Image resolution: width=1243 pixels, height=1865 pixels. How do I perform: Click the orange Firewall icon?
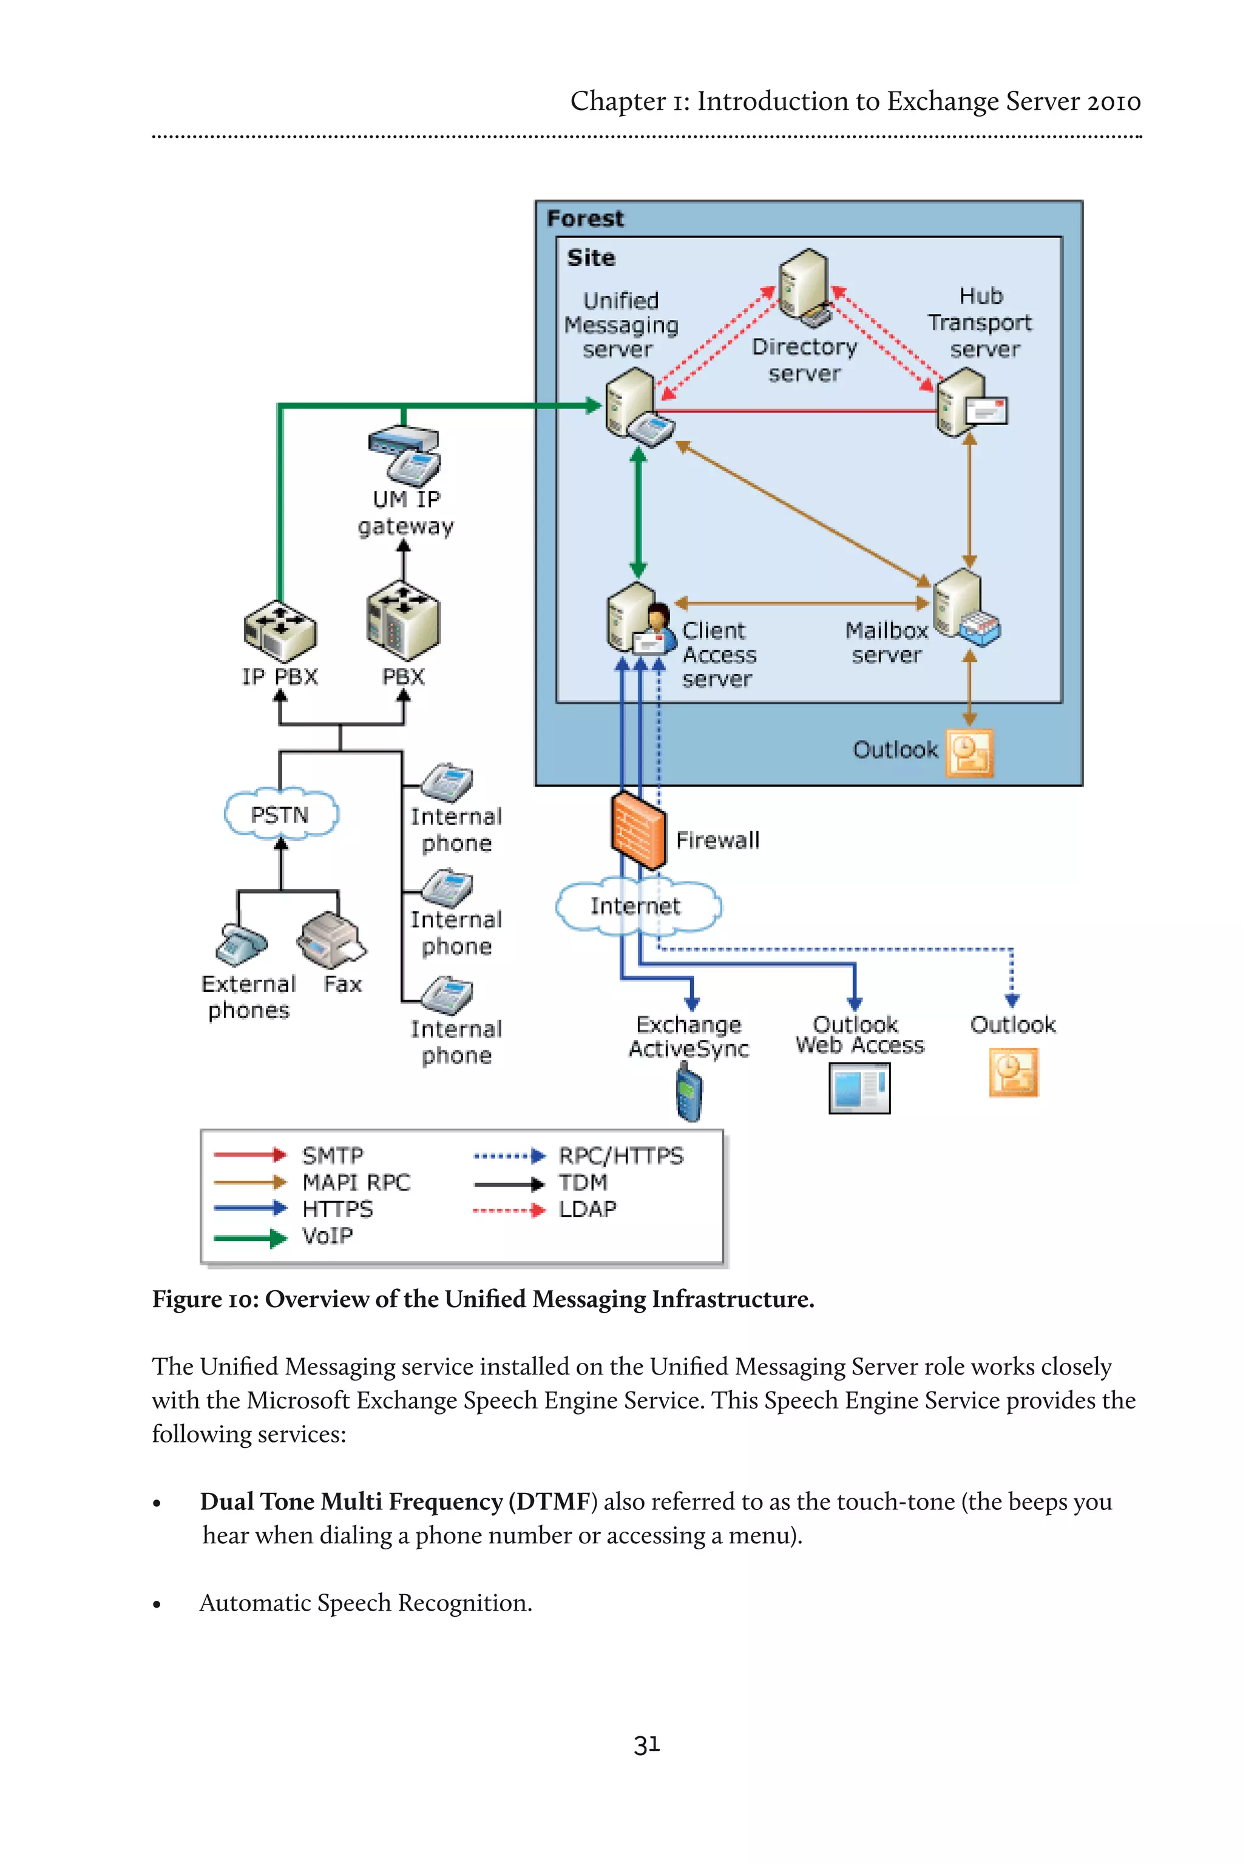tap(638, 831)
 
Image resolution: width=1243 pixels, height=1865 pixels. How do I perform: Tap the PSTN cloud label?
tap(280, 814)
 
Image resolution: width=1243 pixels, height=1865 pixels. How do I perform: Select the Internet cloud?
tap(637, 906)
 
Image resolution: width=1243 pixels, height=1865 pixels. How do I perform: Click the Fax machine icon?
tap(331, 941)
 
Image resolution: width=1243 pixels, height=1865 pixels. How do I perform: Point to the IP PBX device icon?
tap(279, 631)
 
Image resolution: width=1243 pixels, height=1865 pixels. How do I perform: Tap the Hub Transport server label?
tap(981, 322)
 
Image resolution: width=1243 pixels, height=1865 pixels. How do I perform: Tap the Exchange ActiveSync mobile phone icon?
tap(689, 1093)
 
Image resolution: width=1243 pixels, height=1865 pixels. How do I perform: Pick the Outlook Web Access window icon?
tap(859, 1088)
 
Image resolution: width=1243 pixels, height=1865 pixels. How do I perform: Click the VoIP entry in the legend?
tap(327, 1236)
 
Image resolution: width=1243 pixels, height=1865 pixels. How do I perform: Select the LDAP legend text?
tap(588, 1209)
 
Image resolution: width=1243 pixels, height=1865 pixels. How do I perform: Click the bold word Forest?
tap(585, 218)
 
